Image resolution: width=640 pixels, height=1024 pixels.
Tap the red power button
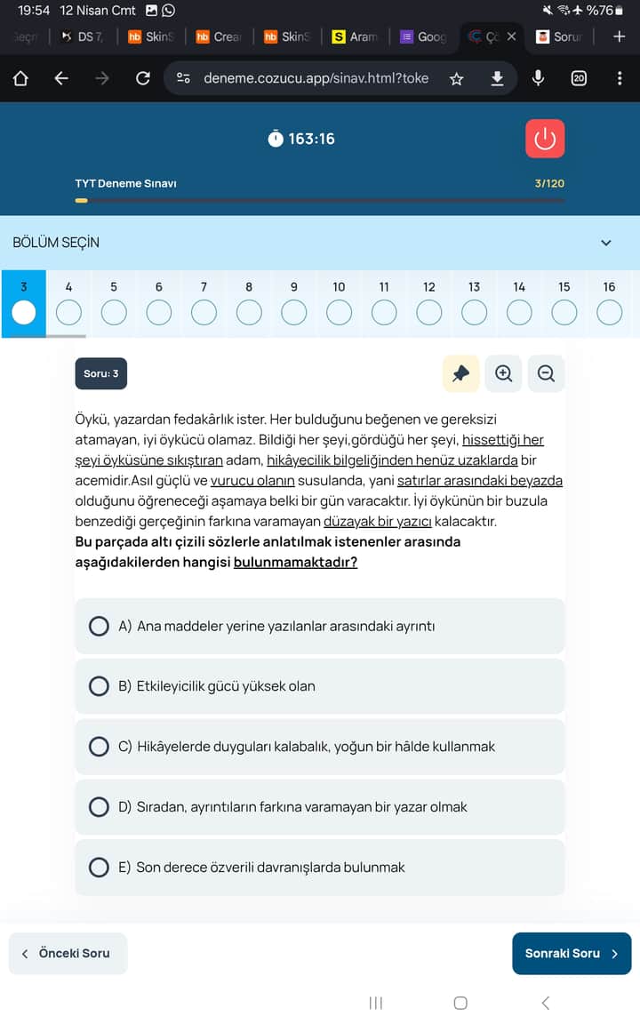[x=545, y=139]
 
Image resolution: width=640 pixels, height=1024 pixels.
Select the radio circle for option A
[x=99, y=626]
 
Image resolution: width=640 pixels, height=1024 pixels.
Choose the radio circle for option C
[x=99, y=747]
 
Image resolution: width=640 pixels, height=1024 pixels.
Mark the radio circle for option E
[x=99, y=867]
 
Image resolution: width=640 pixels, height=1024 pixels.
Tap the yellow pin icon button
[x=460, y=374]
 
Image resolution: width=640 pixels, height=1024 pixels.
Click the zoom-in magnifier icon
[x=504, y=374]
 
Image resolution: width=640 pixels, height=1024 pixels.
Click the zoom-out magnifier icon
[x=546, y=374]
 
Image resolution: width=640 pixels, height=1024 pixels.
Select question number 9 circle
[x=293, y=312]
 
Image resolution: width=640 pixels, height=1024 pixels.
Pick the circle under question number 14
[x=519, y=312]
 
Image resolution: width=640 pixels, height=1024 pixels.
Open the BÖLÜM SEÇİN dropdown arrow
[x=606, y=243]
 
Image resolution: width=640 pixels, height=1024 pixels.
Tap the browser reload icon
[x=142, y=78]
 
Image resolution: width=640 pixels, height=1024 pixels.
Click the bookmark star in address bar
[x=457, y=78]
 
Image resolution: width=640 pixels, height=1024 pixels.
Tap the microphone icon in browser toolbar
[x=538, y=78]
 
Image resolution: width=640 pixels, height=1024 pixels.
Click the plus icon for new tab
[x=620, y=36]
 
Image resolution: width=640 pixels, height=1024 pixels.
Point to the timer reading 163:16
[x=310, y=139]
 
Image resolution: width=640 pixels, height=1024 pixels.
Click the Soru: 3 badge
[x=100, y=374]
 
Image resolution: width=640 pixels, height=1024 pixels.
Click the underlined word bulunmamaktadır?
[x=295, y=562]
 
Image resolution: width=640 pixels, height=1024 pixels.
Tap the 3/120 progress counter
[x=549, y=183]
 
